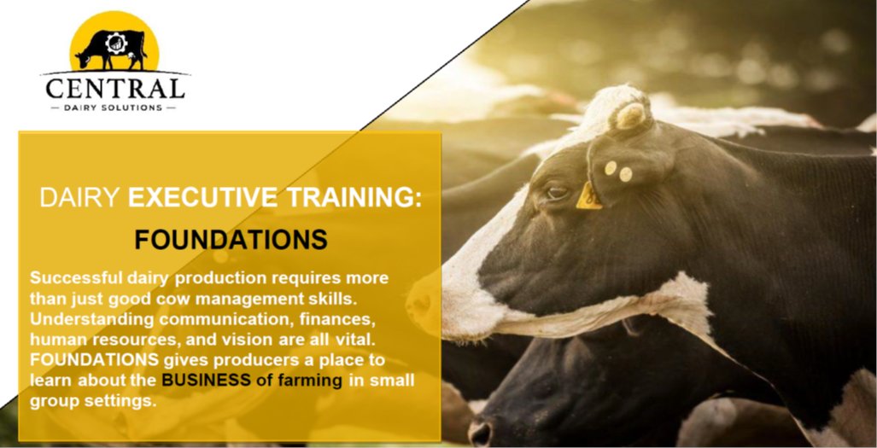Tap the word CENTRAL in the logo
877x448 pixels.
click(x=114, y=88)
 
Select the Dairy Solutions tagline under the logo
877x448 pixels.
click(x=114, y=108)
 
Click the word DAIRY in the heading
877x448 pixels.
click(x=80, y=198)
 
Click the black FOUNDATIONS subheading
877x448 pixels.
click(x=231, y=240)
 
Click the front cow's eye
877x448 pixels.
click(x=557, y=192)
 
